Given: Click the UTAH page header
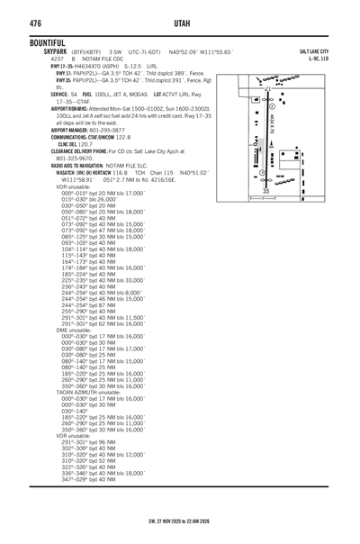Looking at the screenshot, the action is (179, 21).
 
